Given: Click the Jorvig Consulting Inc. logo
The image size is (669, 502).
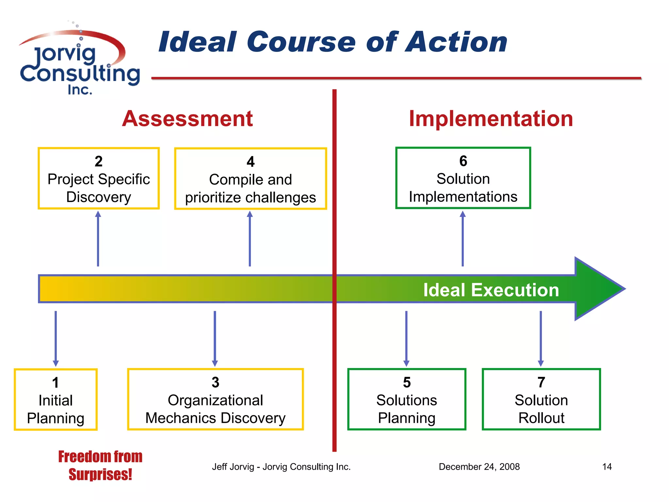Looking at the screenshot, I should click(x=79, y=62).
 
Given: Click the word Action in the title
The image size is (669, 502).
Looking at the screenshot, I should click(x=456, y=42).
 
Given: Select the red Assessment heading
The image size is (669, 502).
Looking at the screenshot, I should click(x=187, y=119).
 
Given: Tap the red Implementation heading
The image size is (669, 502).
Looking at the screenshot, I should click(x=491, y=119).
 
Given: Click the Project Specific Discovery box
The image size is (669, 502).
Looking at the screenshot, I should click(x=99, y=178).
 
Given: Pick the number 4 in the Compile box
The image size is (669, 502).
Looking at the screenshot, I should click(x=251, y=161).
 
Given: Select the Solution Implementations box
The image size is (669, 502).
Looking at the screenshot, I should click(x=463, y=178).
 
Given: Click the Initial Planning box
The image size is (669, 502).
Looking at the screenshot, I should click(x=56, y=400).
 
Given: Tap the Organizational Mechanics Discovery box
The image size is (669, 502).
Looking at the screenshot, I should click(x=215, y=399).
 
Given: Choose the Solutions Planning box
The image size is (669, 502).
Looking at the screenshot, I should click(x=406, y=399).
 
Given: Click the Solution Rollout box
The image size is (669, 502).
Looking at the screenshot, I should click(x=541, y=399).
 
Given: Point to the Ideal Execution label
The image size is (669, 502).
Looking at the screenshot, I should click(x=491, y=290).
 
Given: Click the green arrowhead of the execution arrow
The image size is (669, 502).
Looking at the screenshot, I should click(x=598, y=289).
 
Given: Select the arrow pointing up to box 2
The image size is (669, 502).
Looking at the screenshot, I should click(x=98, y=239).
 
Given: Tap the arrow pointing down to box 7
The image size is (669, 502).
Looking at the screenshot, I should click(x=541, y=338).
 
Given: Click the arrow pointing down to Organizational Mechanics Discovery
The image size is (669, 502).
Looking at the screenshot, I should click(x=215, y=338).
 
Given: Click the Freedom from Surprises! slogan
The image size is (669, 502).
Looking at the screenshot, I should click(x=100, y=465).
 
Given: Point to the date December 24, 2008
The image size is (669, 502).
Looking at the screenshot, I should click(x=479, y=467).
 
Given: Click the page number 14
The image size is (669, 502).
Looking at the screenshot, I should click(x=607, y=467).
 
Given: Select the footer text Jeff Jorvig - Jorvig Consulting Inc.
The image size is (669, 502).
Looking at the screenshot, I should click(x=281, y=467).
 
